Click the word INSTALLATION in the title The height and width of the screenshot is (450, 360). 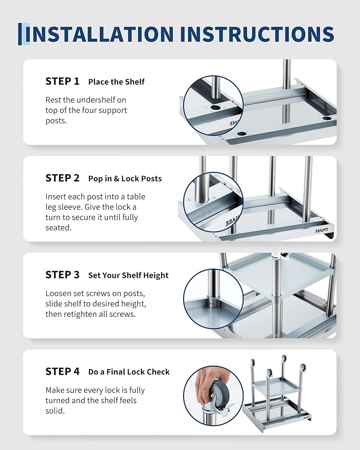click(x=99, y=34)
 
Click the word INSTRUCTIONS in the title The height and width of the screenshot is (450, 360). click(x=257, y=34)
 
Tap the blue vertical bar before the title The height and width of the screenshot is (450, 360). click(x=20, y=34)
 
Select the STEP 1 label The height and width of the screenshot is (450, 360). click(x=62, y=81)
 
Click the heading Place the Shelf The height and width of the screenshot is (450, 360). click(x=116, y=82)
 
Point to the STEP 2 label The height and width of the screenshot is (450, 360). click(x=62, y=178)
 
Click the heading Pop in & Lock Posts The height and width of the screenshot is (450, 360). click(x=125, y=179)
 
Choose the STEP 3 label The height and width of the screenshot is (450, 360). click(x=62, y=274)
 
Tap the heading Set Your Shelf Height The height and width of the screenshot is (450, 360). click(x=128, y=275)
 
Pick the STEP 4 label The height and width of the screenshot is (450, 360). click(x=62, y=371)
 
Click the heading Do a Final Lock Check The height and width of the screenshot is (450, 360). click(x=129, y=372)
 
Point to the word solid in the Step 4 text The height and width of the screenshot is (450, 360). click(x=55, y=411)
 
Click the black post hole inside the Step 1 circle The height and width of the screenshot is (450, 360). click(x=215, y=108)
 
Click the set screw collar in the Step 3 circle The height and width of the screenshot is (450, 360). click(x=213, y=302)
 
